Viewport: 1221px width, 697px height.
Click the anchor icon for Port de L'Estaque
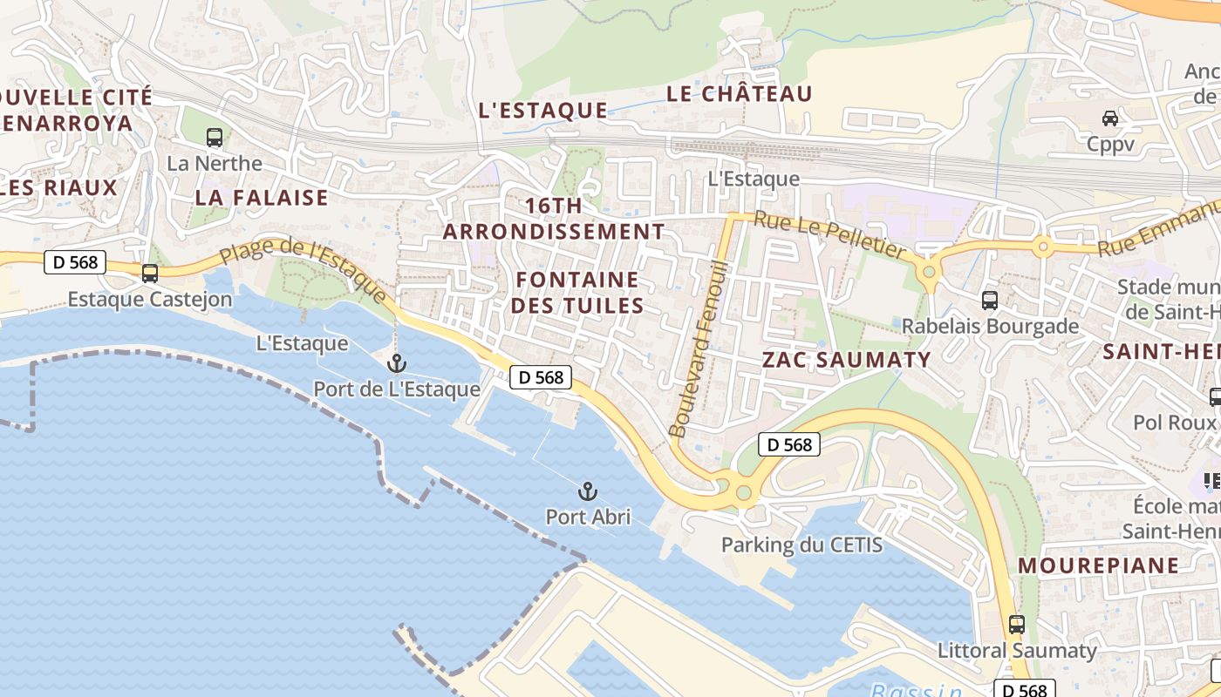(397, 362)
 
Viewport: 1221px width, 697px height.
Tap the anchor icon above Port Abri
(588, 491)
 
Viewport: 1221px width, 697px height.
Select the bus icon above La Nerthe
(215, 137)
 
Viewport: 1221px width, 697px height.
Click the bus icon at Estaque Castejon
(150, 274)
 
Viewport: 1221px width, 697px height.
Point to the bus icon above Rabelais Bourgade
(990, 301)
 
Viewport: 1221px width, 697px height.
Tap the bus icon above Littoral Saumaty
(1017, 624)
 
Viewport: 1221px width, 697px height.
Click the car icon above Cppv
(1110, 118)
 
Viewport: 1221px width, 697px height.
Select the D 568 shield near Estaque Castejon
(75, 261)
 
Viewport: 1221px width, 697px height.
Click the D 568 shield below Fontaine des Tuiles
(541, 377)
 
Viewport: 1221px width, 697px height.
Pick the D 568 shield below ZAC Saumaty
(789, 444)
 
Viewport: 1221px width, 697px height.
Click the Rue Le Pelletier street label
(830, 234)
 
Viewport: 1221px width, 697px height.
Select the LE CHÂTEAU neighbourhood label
(739, 94)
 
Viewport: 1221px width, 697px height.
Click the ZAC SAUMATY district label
(846, 359)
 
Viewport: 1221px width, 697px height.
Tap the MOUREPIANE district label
(1098, 565)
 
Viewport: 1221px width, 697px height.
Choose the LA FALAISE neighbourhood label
(262, 198)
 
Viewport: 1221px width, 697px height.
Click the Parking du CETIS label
(801, 545)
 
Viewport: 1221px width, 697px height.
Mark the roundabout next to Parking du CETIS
(743, 493)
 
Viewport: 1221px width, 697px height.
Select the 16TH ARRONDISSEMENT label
(554, 219)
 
